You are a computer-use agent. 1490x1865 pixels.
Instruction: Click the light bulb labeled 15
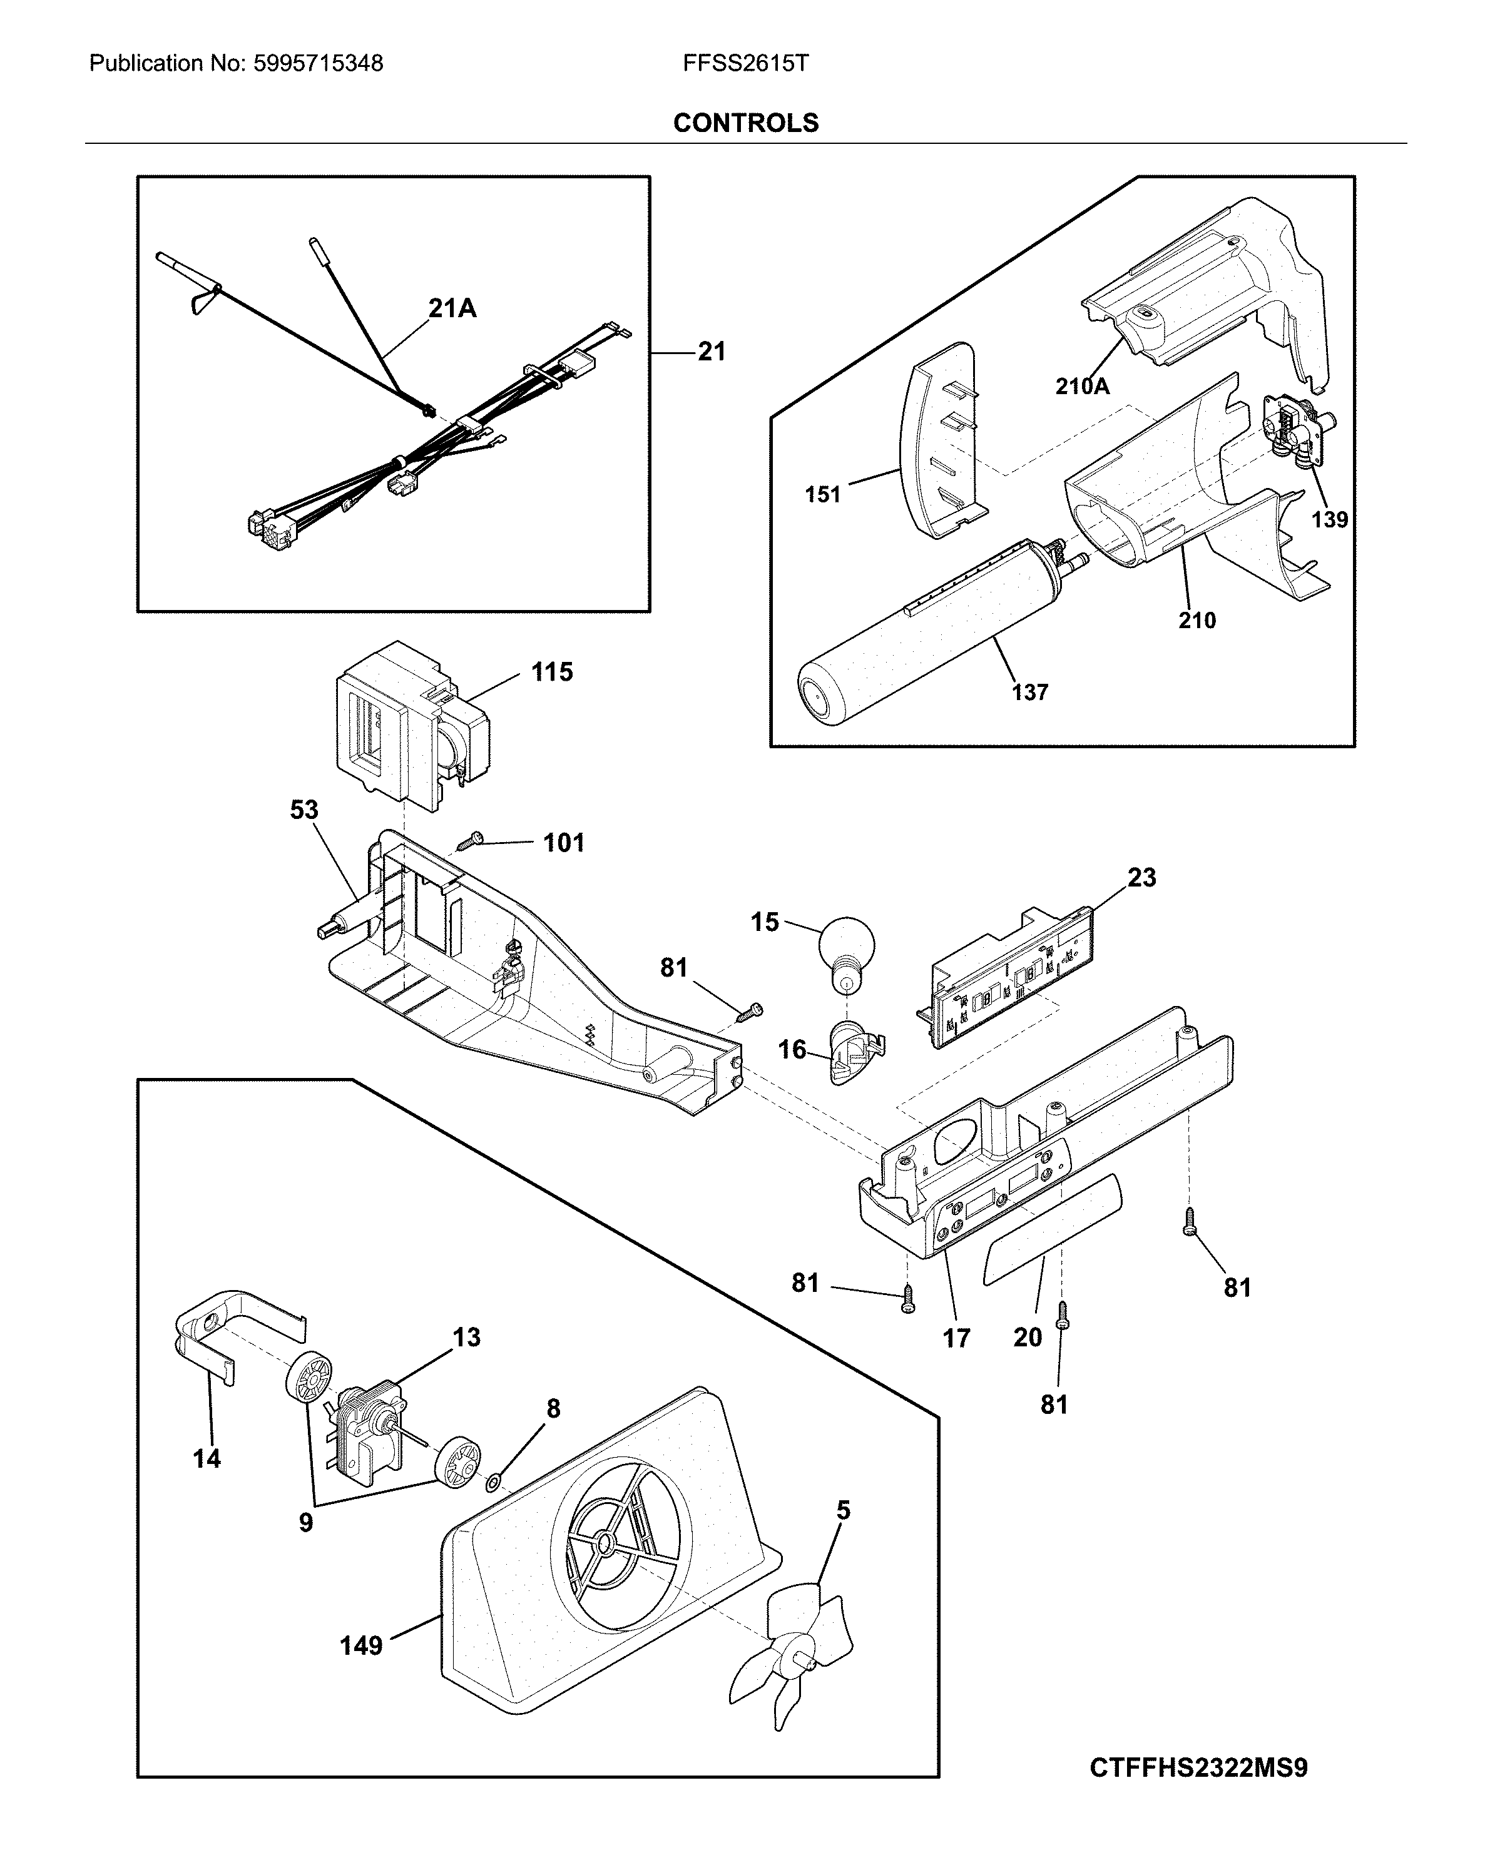845,948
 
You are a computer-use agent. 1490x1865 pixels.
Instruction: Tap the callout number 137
1029,692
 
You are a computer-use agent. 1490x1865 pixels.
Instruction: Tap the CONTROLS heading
745,123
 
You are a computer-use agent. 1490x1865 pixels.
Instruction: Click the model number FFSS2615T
745,63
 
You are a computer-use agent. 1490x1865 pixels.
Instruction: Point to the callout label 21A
452,308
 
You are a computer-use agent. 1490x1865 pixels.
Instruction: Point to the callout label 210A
1081,386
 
